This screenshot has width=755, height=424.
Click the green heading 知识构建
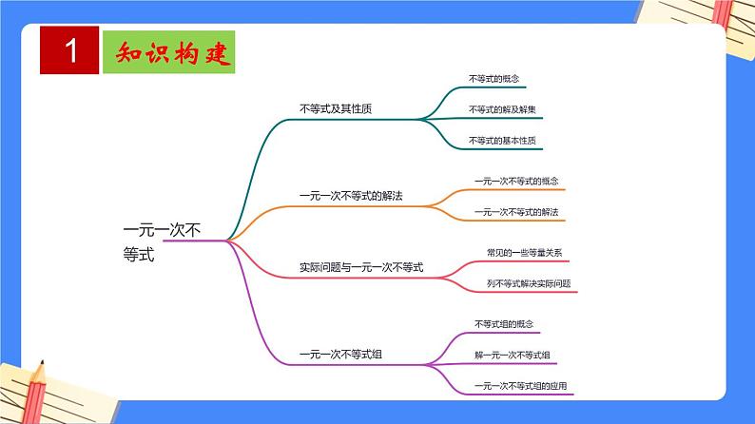[166, 52]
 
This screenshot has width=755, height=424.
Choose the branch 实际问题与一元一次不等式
[360, 267]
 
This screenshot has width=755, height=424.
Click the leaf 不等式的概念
[494, 78]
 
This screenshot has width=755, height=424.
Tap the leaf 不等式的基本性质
[502, 141]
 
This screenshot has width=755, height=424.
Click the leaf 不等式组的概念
[504, 324]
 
